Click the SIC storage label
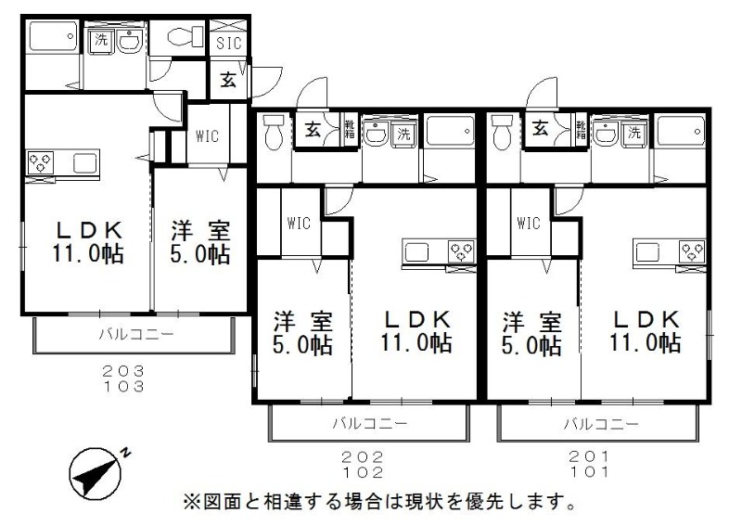[229, 43]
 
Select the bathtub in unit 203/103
[53, 36]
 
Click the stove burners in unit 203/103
[41, 163]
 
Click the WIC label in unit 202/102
[299, 223]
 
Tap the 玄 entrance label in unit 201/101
[541, 128]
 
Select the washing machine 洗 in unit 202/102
[403, 133]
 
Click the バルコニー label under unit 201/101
[600, 423]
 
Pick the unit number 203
[123, 371]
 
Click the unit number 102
[364, 472]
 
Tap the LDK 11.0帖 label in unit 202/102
[416, 331]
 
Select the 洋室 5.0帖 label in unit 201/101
[531, 334]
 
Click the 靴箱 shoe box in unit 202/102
[350, 129]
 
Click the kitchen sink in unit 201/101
[647, 252]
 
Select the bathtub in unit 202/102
[450, 131]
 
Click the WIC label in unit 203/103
[207, 136]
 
